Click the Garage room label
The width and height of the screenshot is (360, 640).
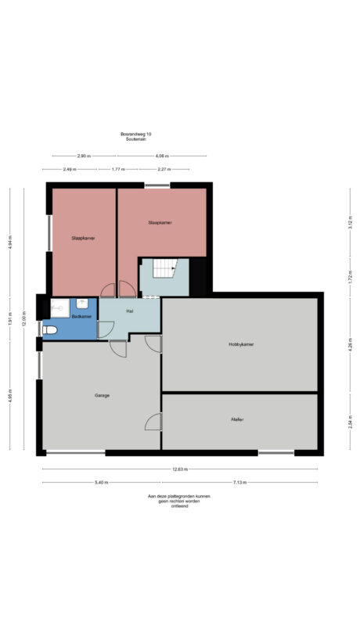(101, 396)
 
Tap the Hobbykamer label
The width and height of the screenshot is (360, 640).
(241, 344)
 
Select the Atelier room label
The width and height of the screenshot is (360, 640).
(237, 420)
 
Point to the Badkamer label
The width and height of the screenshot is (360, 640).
(81, 317)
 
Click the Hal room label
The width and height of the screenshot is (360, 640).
(129, 311)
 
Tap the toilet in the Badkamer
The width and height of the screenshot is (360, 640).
(49, 330)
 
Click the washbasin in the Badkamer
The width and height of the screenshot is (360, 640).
(81, 304)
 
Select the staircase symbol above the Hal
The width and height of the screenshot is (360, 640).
(164, 271)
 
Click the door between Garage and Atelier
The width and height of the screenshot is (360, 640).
(153, 422)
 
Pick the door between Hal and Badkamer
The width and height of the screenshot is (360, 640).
(104, 329)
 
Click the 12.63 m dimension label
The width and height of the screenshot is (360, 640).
(180, 469)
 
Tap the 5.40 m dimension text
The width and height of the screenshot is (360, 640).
(101, 482)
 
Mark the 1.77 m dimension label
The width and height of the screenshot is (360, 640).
(118, 169)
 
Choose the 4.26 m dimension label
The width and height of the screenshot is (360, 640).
(350, 344)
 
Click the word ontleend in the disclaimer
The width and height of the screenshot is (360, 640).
(179, 506)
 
